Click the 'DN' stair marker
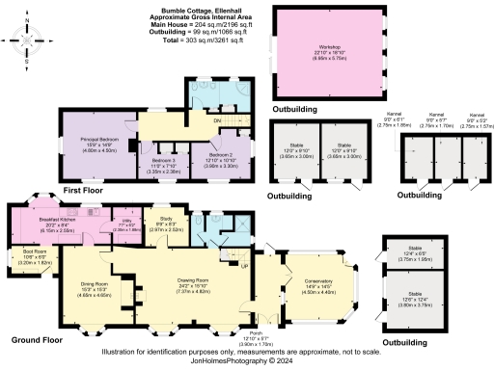(218, 120)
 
